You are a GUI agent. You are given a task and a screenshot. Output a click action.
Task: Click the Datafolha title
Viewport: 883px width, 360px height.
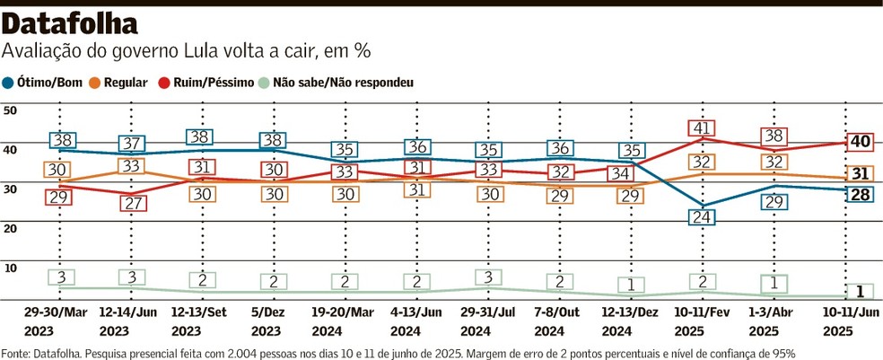click(72, 23)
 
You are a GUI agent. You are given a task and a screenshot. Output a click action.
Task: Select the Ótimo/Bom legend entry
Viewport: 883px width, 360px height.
click(48, 83)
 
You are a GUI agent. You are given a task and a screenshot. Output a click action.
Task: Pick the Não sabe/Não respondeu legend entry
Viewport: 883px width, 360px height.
click(342, 83)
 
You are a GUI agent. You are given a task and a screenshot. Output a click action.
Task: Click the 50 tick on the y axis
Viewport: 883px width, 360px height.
click(11, 110)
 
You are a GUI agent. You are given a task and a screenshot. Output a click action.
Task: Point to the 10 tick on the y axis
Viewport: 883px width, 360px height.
click(11, 267)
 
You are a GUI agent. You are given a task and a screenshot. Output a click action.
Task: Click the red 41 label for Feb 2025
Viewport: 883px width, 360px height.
click(703, 128)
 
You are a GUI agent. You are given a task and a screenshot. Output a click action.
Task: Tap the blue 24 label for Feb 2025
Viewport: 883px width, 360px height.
click(703, 216)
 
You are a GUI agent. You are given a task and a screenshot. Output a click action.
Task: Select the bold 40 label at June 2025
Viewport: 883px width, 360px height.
click(861, 141)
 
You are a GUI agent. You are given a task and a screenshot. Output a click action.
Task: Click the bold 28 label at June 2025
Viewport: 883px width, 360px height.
click(861, 195)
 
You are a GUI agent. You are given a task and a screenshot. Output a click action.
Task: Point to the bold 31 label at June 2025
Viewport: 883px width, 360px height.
click(861, 173)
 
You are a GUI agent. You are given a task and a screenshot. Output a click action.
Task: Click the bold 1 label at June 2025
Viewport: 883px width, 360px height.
click(861, 290)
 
